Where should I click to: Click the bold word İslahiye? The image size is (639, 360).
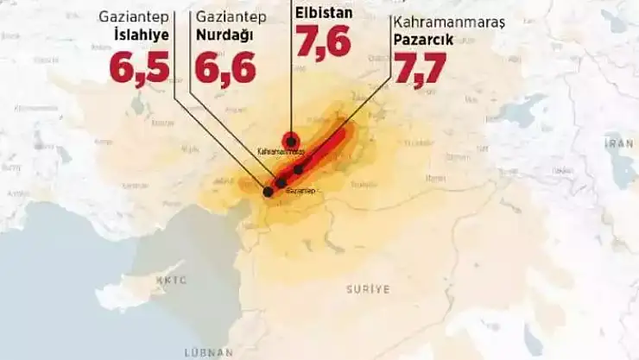pyautogui.click(x=141, y=35)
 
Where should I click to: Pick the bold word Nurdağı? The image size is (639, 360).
pyautogui.click(x=225, y=35)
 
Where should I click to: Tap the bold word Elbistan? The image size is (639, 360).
pyautogui.click(x=324, y=12)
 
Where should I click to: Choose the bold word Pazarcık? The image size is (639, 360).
pyautogui.click(x=422, y=40)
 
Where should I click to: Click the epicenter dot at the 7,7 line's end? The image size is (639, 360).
pyautogui.click(x=298, y=170)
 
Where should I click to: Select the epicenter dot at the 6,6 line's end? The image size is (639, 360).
pyautogui.click(x=281, y=183)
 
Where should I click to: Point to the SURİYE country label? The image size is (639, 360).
pyautogui.click(x=369, y=287)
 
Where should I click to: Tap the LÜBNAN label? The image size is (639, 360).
pyautogui.click(x=208, y=352)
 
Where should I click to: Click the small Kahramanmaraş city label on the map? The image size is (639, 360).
pyautogui.click(x=281, y=151)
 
